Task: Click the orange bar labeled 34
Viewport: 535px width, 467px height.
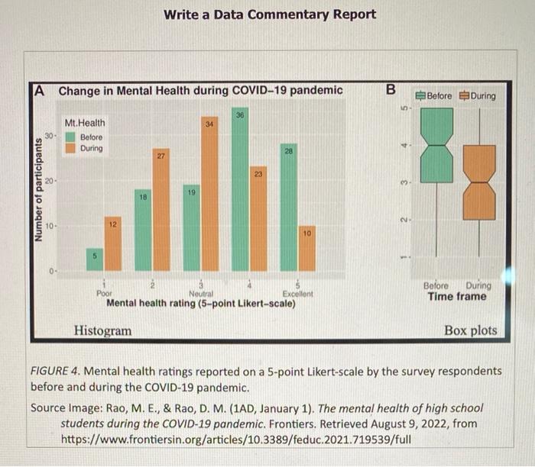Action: (x=209, y=198)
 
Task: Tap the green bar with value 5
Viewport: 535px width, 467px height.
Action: (x=95, y=259)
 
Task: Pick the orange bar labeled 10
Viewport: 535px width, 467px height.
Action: (x=306, y=247)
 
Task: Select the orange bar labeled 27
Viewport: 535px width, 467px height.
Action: (x=161, y=214)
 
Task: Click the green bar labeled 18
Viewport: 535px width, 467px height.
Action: (x=143, y=230)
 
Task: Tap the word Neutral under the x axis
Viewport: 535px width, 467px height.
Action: (x=200, y=294)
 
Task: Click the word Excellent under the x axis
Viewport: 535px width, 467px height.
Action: (x=297, y=294)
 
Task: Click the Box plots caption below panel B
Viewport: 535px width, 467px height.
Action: (x=470, y=330)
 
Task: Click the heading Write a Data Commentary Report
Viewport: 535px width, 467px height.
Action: (x=270, y=14)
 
